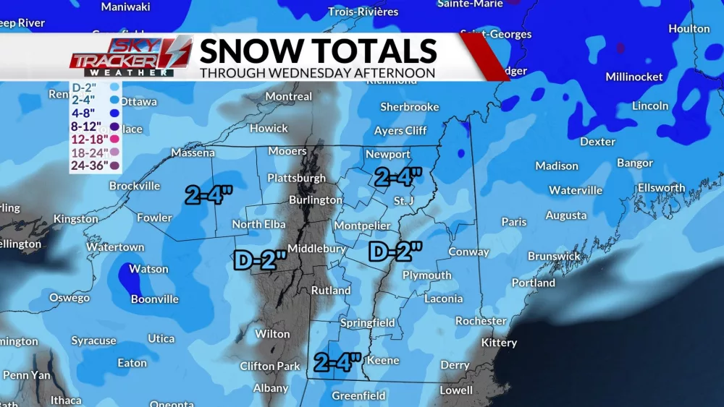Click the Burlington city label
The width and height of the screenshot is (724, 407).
[x=315, y=200]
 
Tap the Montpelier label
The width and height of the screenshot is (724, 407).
[x=362, y=226]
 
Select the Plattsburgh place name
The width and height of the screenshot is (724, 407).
[x=296, y=178]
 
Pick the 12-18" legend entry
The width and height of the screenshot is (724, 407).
[x=89, y=139]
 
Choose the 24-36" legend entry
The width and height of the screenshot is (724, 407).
[x=89, y=165]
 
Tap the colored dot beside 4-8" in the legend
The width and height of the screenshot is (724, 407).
[x=114, y=113]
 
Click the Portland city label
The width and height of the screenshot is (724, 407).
[x=533, y=283]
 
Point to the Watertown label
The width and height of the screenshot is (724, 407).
[x=115, y=247]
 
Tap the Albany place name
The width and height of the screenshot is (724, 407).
[x=271, y=388]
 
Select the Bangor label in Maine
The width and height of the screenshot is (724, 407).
[x=634, y=163]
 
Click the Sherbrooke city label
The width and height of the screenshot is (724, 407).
[x=410, y=107]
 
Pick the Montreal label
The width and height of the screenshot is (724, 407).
[x=289, y=97]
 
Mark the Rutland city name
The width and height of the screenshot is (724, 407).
[x=331, y=291]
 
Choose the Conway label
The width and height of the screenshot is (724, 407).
[x=469, y=252]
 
